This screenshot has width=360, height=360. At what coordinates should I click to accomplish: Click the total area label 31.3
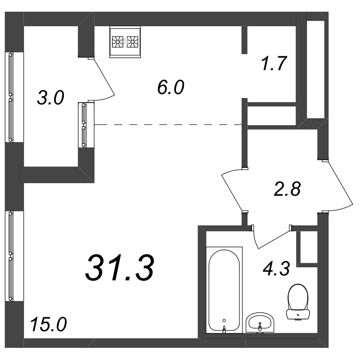pyautogui.click(x=119, y=268)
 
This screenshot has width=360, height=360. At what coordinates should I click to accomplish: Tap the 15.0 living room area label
pyautogui.click(x=48, y=324)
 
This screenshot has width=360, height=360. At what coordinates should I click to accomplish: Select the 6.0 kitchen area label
pyautogui.click(x=171, y=87)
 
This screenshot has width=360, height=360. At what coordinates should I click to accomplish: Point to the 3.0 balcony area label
pyautogui.click(x=50, y=98)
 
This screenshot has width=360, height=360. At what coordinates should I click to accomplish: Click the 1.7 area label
pyautogui.click(x=274, y=63)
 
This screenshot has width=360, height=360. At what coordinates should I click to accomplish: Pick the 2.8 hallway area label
pyautogui.click(x=287, y=189)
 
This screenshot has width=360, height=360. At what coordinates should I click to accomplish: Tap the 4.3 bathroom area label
pyautogui.click(x=276, y=268)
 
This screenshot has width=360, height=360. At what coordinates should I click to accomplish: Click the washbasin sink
pyautogui.click(x=260, y=323)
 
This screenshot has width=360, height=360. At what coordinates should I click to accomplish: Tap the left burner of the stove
pyautogui.click(x=117, y=42)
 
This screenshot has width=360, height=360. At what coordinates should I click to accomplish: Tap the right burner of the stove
pyautogui.click(x=132, y=42)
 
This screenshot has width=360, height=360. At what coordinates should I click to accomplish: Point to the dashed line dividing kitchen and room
pyautogui.click(x=168, y=125)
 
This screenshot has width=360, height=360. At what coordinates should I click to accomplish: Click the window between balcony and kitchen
pyautogui.click(x=84, y=125)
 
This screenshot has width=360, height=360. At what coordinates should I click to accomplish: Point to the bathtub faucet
pyautogui.click(x=224, y=328)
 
